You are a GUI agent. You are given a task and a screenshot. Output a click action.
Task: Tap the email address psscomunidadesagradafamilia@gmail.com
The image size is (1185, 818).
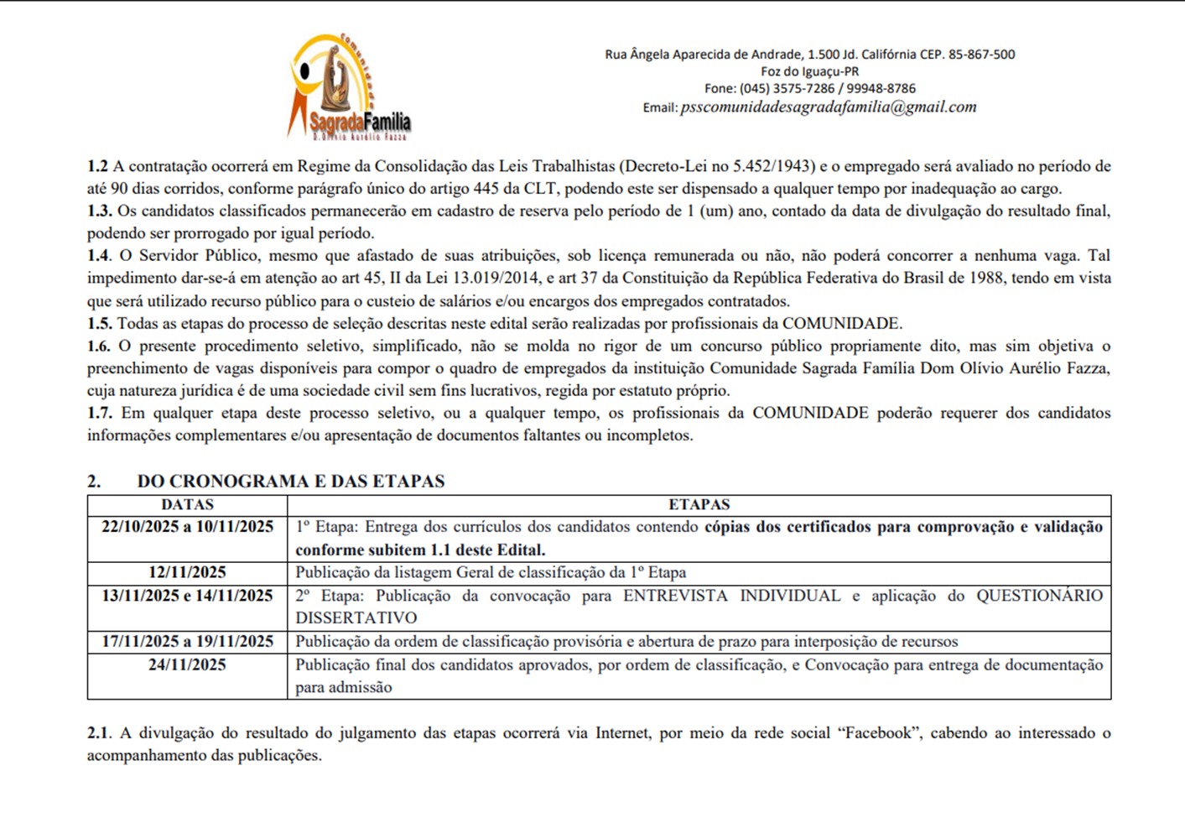coord(828,107)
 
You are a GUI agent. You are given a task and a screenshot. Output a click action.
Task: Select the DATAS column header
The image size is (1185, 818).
coord(187,505)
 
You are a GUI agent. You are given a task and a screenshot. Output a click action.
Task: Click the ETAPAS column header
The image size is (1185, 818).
coord(699,505)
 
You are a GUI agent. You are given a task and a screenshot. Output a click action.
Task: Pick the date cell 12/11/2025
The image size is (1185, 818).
coord(187,573)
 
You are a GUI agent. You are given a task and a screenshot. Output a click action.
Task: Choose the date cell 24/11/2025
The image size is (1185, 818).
coord(187,665)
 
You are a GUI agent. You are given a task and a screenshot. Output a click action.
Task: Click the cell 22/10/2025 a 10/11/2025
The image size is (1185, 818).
coord(187,527)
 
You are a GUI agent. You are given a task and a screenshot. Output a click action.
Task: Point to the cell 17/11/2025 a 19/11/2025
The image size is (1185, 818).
coord(187,642)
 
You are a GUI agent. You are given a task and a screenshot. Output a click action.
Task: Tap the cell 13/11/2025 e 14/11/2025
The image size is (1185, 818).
coord(187,596)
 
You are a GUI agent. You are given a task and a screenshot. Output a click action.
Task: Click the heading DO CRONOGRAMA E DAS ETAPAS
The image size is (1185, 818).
coord(290,482)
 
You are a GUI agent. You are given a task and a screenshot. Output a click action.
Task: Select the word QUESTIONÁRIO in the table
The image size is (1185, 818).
coord(1039,596)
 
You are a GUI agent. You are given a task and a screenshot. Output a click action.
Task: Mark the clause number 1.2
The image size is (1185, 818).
coord(97,166)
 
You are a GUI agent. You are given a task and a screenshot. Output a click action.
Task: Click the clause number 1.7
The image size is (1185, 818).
coord(99,413)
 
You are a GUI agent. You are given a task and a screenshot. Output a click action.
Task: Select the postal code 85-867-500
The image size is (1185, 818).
coord(981,55)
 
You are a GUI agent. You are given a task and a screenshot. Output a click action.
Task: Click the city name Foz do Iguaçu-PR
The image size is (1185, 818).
coord(809,72)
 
